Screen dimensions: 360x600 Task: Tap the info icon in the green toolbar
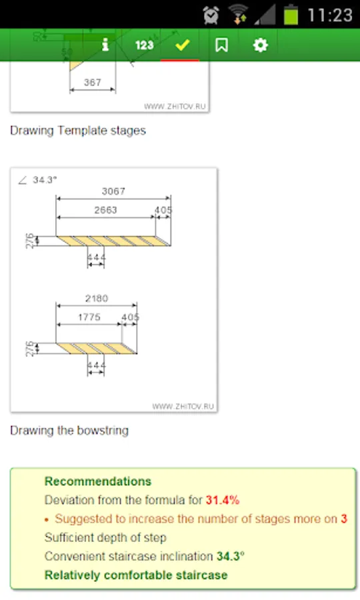point(105,45)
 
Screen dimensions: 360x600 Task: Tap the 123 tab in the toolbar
point(144,45)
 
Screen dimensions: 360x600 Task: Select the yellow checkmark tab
point(182,45)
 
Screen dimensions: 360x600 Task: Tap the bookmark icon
point(221,45)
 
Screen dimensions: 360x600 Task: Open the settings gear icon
point(261,45)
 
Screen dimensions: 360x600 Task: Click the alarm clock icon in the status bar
point(211,15)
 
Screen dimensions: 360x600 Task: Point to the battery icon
point(291,15)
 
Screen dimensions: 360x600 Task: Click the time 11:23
point(330,15)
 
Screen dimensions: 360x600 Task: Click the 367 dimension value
point(93,82)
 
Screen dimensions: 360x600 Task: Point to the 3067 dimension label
point(113,191)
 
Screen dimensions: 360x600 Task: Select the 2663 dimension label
point(105,210)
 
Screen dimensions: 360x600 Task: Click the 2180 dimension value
point(97,298)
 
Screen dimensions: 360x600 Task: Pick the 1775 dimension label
point(89,317)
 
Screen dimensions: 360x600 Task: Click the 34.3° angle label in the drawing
point(45,180)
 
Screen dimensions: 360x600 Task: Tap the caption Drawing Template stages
point(78,131)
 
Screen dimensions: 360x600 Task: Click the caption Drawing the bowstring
point(69,431)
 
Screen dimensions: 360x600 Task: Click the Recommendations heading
point(98,481)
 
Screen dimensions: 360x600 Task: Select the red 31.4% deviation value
point(223,500)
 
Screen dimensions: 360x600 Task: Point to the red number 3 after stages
point(344,519)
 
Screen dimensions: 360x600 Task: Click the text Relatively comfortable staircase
point(136,575)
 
